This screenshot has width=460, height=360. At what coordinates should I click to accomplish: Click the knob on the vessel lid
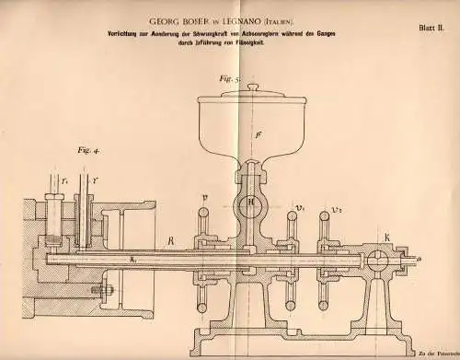251,89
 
